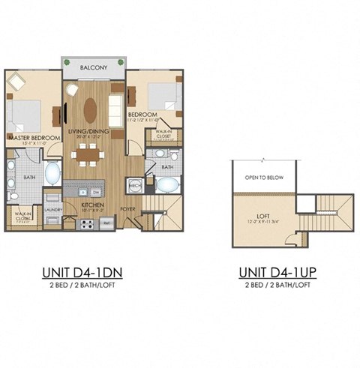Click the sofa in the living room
[x=117, y=103]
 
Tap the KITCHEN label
[x=94, y=204]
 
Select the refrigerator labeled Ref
[x=107, y=223]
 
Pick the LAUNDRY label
[x=52, y=211]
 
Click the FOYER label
[x=129, y=220]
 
